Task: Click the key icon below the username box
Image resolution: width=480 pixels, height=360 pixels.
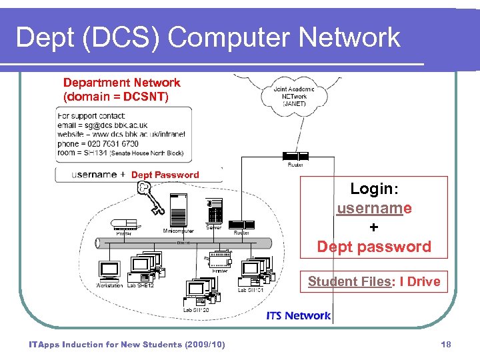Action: click(x=150, y=198)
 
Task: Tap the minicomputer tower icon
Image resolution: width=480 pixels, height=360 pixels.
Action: click(x=179, y=210)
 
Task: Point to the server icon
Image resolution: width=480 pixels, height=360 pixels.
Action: click(x=215, y=212)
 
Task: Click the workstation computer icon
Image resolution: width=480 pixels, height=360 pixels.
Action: click(x=109, y=271)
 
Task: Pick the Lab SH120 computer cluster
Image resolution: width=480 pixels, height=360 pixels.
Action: click(x=199, y=292)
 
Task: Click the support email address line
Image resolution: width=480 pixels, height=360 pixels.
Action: click(x=103, y=125)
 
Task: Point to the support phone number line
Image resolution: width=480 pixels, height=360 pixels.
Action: click(x=98, y=143)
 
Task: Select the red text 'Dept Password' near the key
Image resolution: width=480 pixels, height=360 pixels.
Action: click(x=165, y=175)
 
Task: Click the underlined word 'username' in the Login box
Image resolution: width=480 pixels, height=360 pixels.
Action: click(x=373, y=208)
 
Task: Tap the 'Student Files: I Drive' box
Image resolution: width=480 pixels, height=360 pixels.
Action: click(x=373, y=281)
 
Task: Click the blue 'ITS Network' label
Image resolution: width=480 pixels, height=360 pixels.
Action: click(x=298, y=315)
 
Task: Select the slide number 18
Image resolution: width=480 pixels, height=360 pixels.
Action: click(x=446, y=344)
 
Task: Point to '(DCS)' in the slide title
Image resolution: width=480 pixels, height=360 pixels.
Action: click(x=115, y=37)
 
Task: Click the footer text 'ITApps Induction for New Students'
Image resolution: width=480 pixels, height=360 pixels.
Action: click(x=107, y=344)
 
